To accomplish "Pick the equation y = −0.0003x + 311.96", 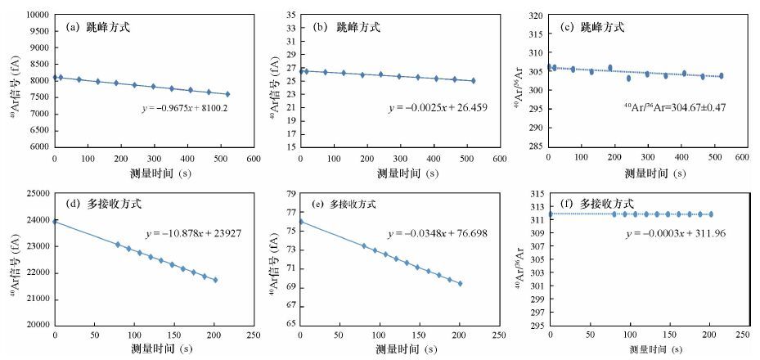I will (676, 233).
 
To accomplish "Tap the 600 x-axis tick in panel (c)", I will (741, 156).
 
